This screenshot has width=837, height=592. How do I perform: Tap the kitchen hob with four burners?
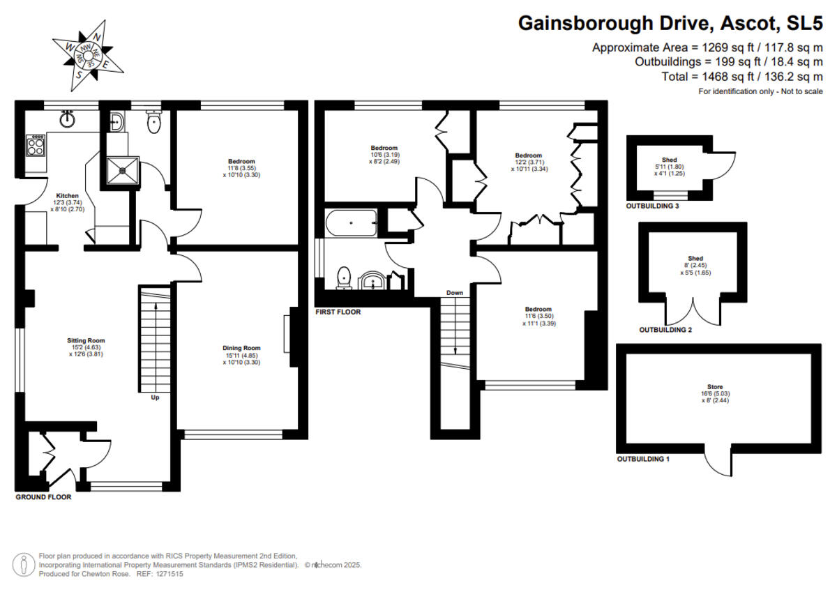[x=36, y=146]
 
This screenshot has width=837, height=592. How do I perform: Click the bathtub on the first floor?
[x=351, y=225]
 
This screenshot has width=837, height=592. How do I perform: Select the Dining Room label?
[x=241, y=348]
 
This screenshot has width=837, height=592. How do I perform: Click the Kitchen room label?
[x=67, y=196]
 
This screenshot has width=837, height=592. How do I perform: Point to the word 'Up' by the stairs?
[x=155, y=398]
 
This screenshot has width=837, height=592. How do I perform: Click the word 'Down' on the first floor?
[x=455, y=292]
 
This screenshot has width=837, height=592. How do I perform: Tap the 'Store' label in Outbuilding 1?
[x=714, y=387]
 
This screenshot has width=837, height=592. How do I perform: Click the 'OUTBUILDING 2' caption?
[x=665, y=330]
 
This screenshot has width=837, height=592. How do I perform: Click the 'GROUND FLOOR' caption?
[x=43, y=497]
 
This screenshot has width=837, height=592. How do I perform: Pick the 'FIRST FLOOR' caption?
[x=338, y=312]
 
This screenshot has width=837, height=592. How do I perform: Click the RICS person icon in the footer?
[x=24, y=563]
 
